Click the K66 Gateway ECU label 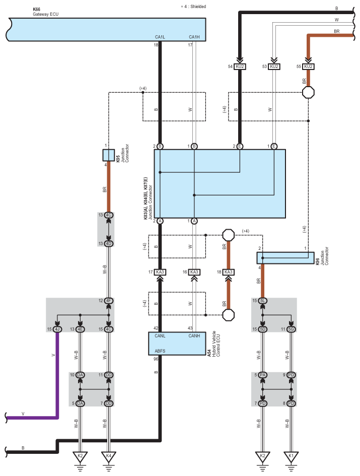click(45, 12)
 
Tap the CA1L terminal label click(160, 37)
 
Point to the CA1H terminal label click(194, 37)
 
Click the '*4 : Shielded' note click(193, 7)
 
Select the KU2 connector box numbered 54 click(240, 66)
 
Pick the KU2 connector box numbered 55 click(308, 66)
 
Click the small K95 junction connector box click(109, 155)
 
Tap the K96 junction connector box click(285, 258)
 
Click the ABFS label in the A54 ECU click(160, 351)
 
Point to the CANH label click(194, 336)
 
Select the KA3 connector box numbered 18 click(228, 272)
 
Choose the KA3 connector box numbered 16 click(194, 272)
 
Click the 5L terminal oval click(262, 301)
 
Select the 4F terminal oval click(109, 301)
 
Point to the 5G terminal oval click(291, 329)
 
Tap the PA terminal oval click(262, 375)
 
